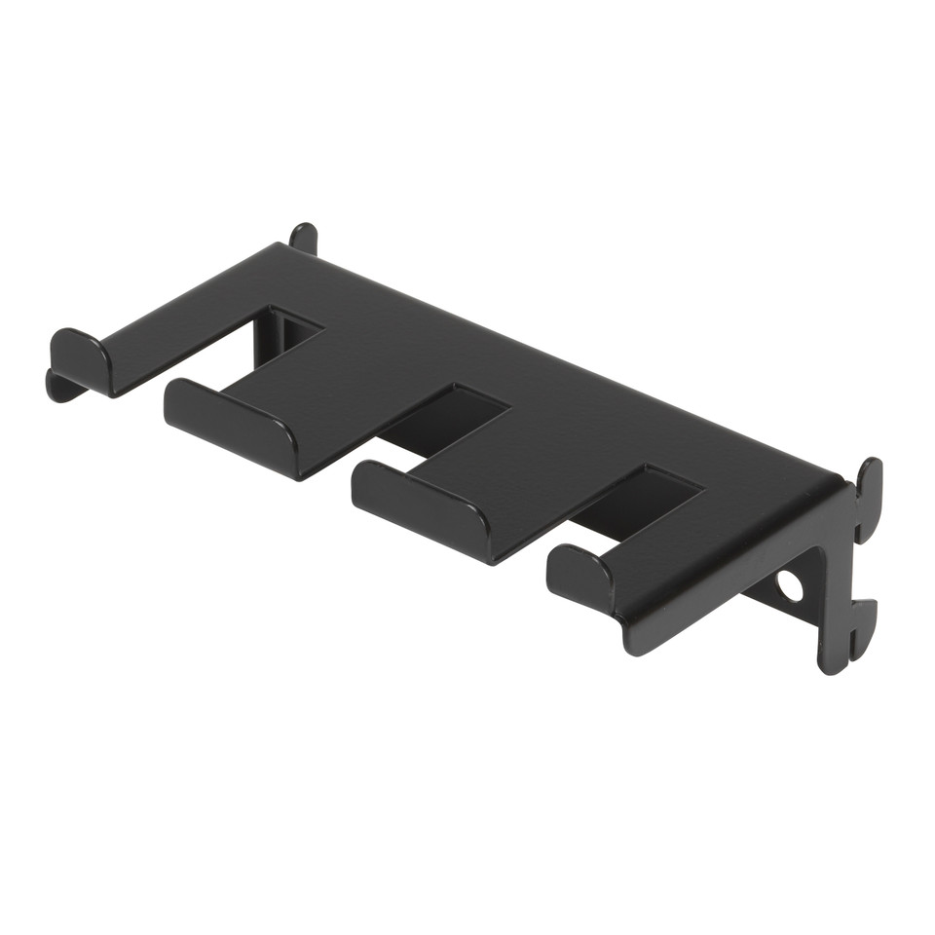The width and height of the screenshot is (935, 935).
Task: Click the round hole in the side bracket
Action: click(x=790, y=586)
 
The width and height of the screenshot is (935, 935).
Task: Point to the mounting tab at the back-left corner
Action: click(x=304, y=237)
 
